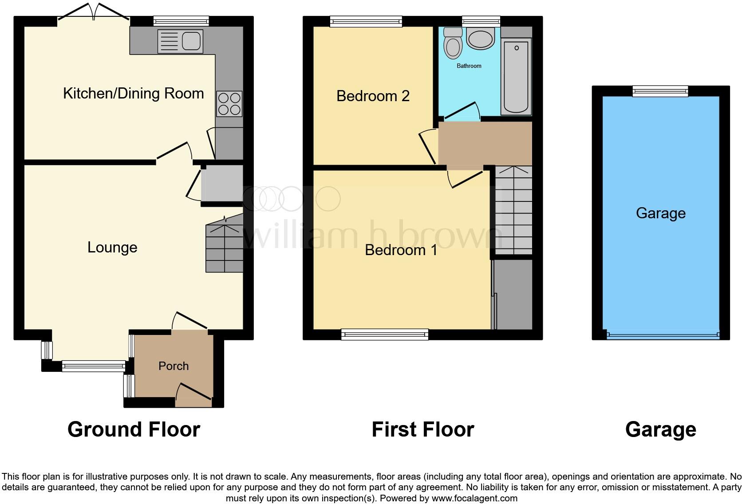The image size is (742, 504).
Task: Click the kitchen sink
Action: [x=180, y=41]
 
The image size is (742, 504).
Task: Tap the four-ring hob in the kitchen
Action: [x=229, y=104]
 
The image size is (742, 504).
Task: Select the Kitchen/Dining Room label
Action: [x=133, y=94]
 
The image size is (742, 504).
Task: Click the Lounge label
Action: [x=112, y=248]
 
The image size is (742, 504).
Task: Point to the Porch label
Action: [x=174, y=366]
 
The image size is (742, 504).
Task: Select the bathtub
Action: [x=516, y=76]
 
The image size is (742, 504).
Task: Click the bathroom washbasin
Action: [x=481, y=39]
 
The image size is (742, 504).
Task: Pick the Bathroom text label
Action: [x=469, y=66]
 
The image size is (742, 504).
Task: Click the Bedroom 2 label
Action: [x=373, y=96]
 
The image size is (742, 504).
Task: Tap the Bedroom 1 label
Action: [x=401, y=250]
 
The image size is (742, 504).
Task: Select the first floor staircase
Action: [x=513, y=210]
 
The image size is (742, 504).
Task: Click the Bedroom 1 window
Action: [x=385, y=334]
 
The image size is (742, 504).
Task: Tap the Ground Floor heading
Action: [x=134, y=429]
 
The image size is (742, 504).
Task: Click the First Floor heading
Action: [x=422, y=429]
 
